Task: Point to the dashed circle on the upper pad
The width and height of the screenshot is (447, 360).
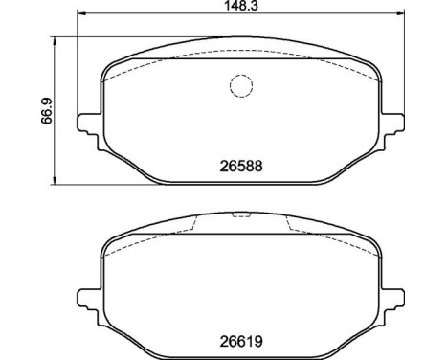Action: tap(240, 86)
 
